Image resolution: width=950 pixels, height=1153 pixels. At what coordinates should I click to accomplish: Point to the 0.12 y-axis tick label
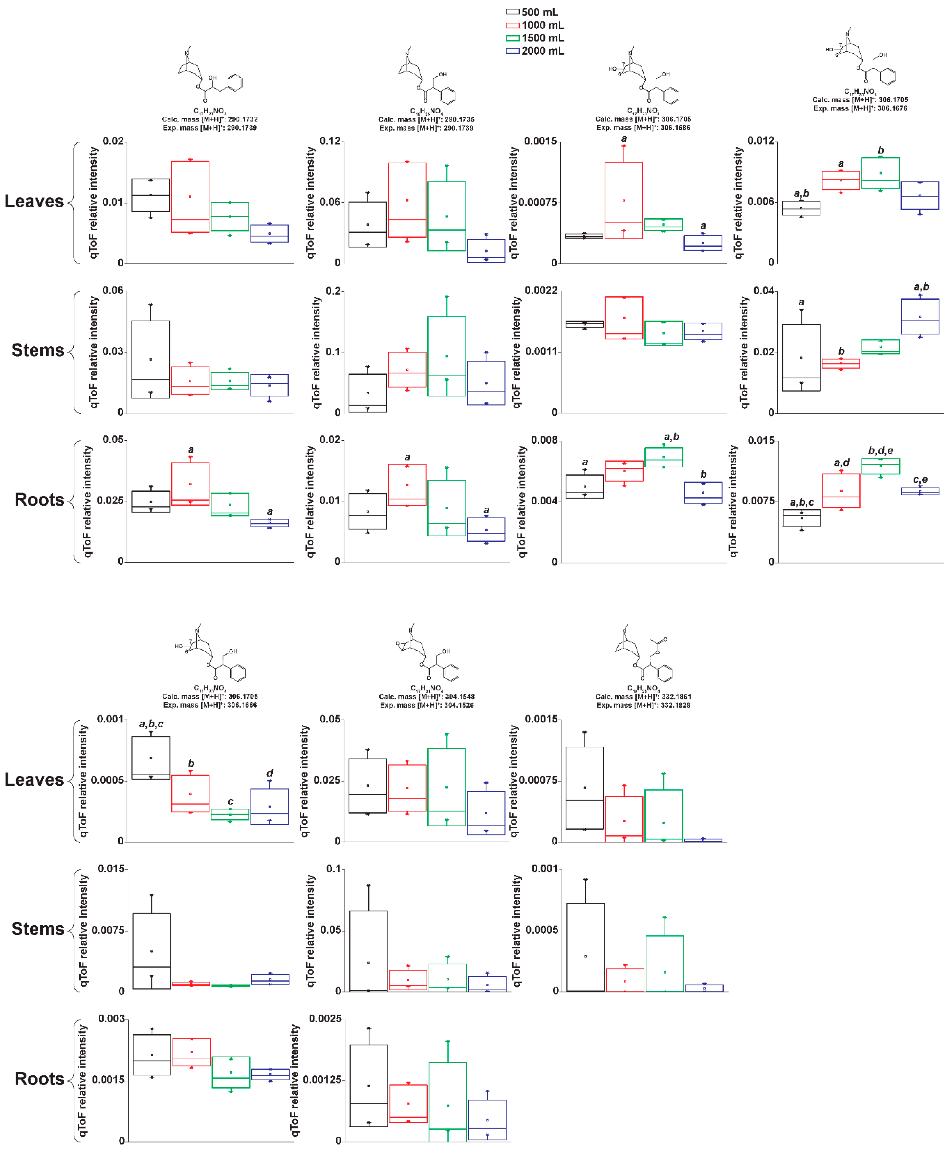pos(330,141)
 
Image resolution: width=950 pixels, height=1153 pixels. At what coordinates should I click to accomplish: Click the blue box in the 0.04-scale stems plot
pos(920,317)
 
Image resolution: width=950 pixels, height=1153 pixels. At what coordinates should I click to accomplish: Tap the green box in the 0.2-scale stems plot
pos(446,356)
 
